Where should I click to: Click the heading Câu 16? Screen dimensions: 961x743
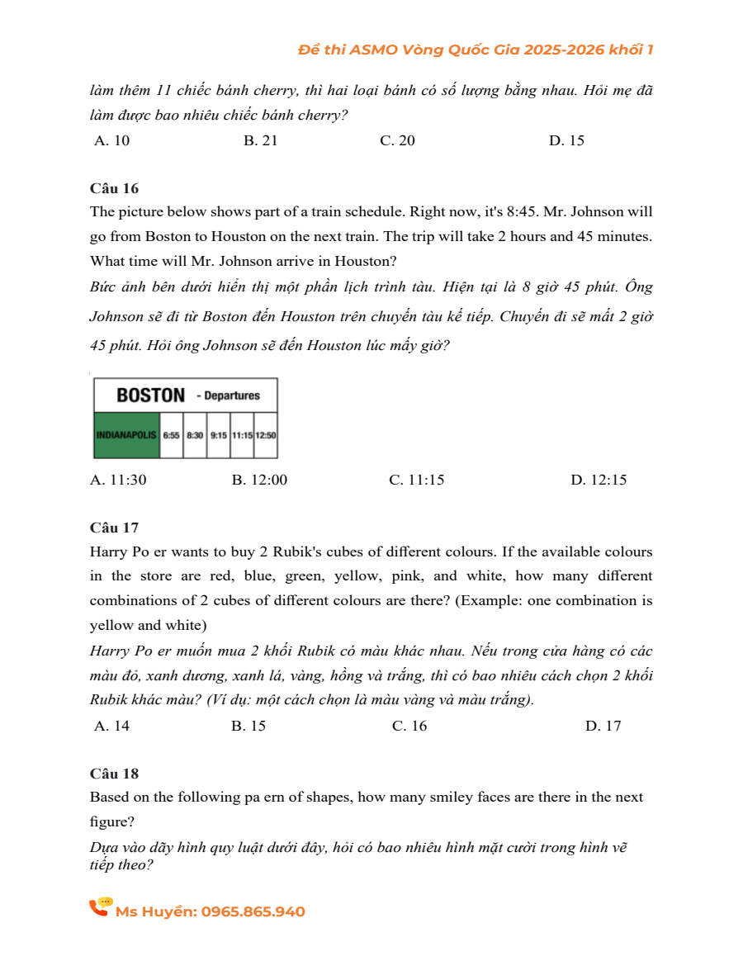114,188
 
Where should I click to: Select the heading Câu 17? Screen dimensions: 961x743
114,528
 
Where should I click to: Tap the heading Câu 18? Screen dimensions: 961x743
114,774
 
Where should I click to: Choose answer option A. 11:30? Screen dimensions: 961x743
118,480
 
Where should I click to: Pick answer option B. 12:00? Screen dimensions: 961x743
259,480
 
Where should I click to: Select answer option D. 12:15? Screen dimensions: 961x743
599,480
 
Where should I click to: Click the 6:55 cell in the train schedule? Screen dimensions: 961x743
171,434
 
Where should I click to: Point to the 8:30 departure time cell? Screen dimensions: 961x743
195,434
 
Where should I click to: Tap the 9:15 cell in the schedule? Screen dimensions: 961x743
219,434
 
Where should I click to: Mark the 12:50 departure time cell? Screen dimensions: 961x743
266,434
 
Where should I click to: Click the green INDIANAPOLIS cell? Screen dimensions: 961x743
126,434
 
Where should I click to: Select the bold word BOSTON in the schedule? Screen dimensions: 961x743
150,395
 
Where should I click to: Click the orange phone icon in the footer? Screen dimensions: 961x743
100,907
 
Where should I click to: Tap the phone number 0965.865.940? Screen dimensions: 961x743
253,911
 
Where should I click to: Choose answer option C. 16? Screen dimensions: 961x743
409,726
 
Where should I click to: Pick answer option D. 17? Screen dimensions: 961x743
603,726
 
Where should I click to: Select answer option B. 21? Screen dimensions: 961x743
261,140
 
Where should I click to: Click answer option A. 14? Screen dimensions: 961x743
112,726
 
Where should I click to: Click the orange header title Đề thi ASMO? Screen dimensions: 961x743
476,50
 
